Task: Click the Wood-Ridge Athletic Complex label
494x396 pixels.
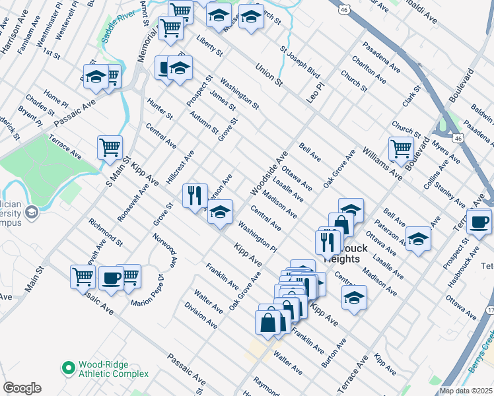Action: click(x=113, y=369)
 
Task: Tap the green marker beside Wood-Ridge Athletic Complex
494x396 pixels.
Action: click(x=67, y=367)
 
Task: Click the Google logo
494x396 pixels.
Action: click(x=22, y=388)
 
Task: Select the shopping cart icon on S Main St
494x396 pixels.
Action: click(x=110, y=147)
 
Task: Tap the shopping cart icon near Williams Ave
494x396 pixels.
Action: click(x=401, y=148)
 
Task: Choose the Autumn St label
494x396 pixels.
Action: click(x=203, y=122)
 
